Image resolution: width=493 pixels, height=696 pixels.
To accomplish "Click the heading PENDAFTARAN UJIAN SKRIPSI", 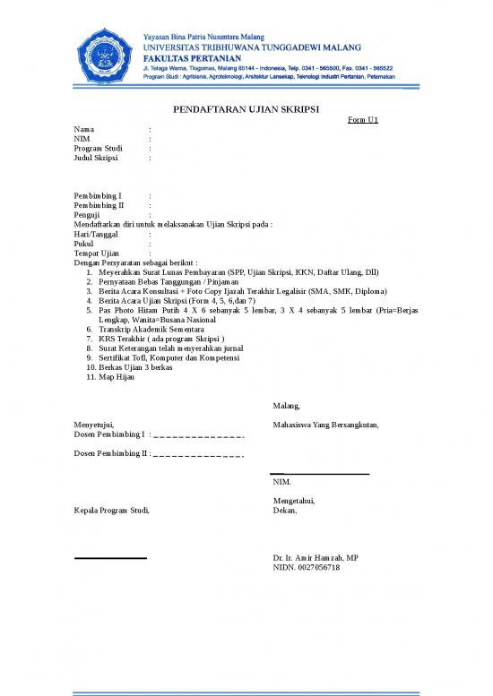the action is (x=246, y=111).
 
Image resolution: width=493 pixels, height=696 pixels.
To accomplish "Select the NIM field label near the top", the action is (x=82, y=139).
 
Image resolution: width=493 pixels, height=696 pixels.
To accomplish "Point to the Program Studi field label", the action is (x=98, y=149).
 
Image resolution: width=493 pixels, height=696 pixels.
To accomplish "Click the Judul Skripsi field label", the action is (x=96, y=158).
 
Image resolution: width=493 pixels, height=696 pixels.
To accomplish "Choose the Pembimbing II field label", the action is (x=99, y=205).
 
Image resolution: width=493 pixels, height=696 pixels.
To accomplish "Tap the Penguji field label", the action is (x=87, y=215).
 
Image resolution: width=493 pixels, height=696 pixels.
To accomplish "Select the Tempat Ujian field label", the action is (x=96, y=253).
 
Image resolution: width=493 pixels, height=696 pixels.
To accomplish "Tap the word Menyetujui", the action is (x=93, y=425).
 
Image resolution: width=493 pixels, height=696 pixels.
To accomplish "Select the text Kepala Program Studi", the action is (x=111, y=511).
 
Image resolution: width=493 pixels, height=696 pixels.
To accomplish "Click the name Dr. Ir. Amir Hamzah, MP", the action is (x=316, y=558).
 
